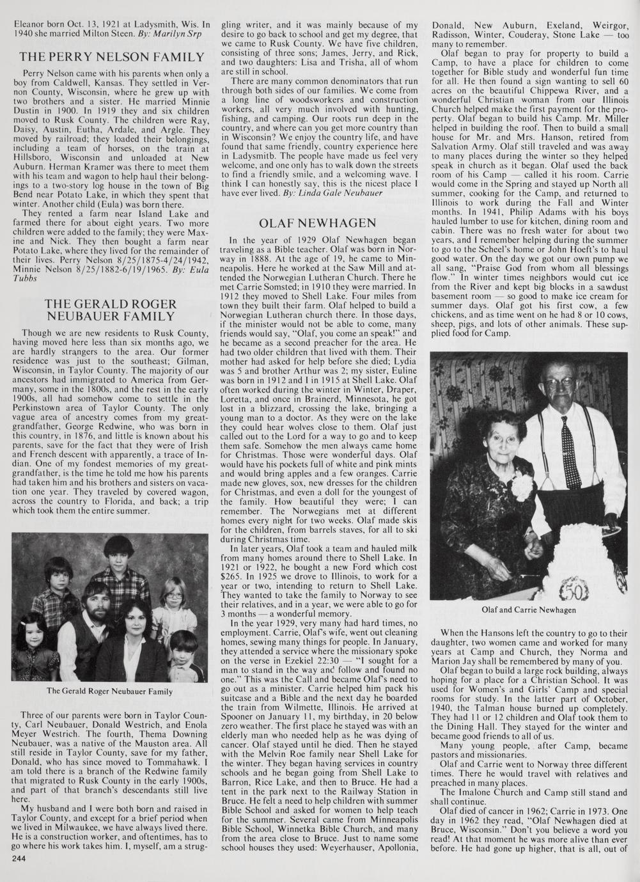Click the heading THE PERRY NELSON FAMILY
click(x=112, y=57)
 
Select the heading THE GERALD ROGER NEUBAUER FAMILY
click(x=112, y=310)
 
